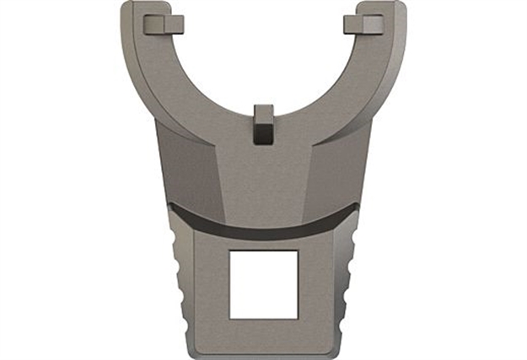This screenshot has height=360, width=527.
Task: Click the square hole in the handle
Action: [263, 283]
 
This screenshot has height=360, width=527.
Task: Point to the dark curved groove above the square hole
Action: [263, 223]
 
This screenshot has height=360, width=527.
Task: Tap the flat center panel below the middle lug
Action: [263, 173]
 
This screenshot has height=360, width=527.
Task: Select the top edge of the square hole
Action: [263, 250]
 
